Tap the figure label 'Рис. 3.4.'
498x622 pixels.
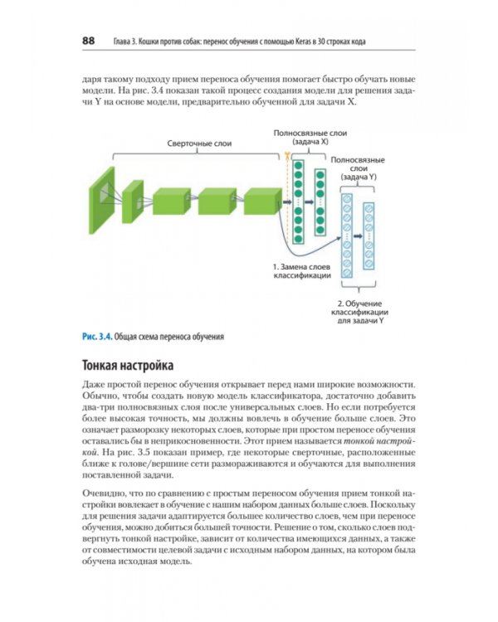96,337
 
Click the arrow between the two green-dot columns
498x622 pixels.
310,202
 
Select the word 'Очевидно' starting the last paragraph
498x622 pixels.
104,493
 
